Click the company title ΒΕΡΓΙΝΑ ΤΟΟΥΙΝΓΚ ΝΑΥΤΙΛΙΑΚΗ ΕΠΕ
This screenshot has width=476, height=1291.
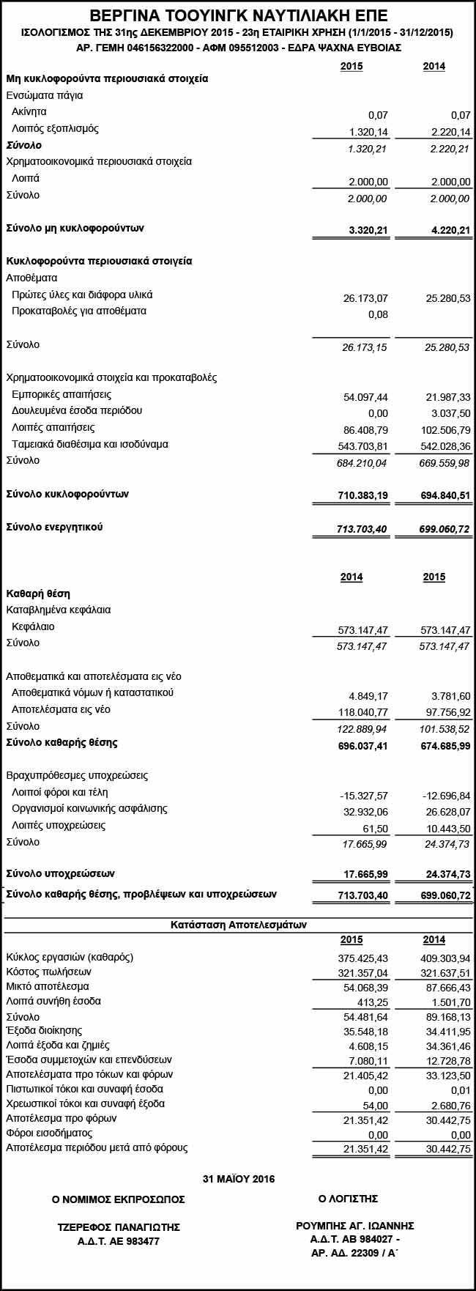point(238,15)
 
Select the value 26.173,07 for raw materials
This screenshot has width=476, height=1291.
point(365,298)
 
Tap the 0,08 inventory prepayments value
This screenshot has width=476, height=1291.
point(378,315)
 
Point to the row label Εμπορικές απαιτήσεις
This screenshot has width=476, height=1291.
point(62,394)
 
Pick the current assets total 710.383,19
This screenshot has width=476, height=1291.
point(363,496)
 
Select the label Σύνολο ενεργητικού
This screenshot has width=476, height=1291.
point(54,528)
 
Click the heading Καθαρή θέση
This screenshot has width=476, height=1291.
point(38,593)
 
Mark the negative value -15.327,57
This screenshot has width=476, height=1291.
point(364,796)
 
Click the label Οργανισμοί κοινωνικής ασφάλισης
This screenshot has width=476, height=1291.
point(89,809)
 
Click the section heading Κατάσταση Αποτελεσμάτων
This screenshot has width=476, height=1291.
point(238,925)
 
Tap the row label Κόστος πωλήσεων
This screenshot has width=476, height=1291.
point(48,972)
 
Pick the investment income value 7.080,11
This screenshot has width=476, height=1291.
point(368,1061)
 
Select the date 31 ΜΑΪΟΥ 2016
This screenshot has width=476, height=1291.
point(238,1179)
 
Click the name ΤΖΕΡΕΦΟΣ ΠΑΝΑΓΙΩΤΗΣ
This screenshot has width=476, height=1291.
point(119,1227)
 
